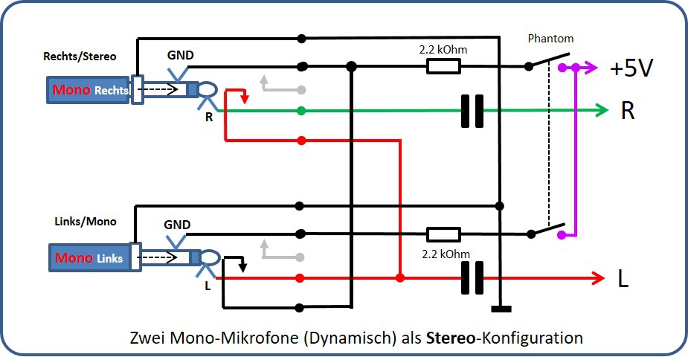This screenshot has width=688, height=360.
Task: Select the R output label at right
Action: (x=628, y=112)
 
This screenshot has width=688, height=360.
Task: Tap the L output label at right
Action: (x=623, y=280)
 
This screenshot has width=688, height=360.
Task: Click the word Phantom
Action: (x=550, y=38)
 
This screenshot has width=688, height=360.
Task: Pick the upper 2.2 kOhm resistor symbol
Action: (x=443, y=67)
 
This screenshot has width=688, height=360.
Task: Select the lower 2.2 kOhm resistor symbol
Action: (x=443, y=234)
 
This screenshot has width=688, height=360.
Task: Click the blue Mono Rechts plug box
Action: (x=90, y=90)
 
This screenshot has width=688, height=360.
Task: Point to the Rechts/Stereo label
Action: (x=80, y=56)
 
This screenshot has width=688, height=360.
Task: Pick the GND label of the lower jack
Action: (x=177, y=225)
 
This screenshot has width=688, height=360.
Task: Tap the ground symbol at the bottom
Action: (x=501, y=308)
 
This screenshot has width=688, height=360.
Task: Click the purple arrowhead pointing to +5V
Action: (x=591, y=68)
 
